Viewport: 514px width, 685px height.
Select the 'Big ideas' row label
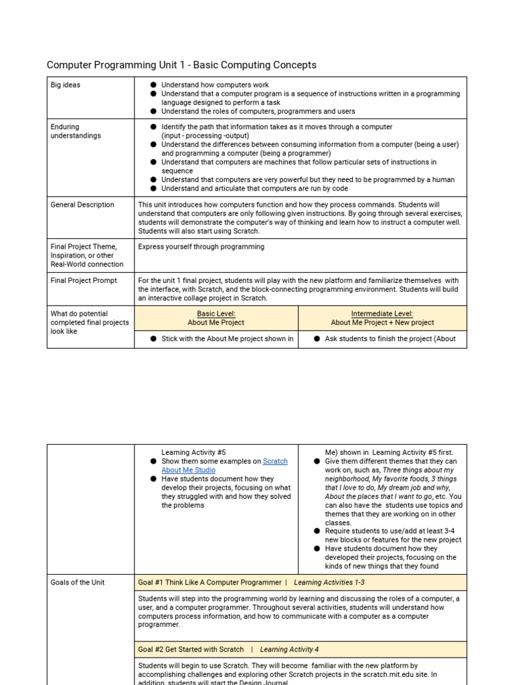coord(66,85)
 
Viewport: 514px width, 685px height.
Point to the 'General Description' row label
coord(82,205)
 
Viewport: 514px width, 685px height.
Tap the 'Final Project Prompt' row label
coord(84,281)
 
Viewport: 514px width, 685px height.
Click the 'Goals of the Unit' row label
coord(78,583)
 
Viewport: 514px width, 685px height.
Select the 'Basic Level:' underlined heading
coord(216,314)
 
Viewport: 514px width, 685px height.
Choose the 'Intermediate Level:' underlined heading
coord(382,314)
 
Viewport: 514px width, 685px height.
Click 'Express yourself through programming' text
coord(201,247)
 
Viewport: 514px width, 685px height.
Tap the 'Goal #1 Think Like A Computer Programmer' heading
coord(209,583)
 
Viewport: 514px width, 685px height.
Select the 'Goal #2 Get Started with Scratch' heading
coord(191,650)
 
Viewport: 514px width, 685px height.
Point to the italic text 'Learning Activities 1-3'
coord(329,583)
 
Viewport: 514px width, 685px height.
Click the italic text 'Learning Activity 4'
coord(289,650)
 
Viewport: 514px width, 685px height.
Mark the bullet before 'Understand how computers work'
coord(153,86)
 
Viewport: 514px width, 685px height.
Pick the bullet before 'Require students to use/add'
coord(317,531)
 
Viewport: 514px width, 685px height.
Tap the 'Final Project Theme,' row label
coord(84,247)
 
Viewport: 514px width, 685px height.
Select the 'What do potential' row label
coord(79,314)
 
